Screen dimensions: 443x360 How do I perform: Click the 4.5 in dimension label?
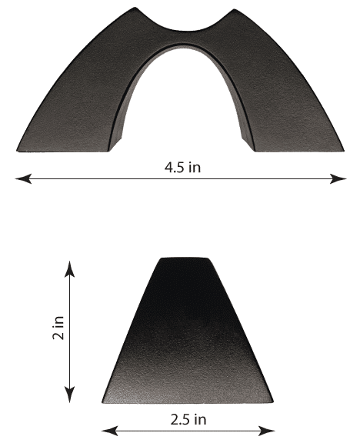(x=183, y=168)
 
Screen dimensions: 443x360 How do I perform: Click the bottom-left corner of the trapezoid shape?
(x=102, y=401)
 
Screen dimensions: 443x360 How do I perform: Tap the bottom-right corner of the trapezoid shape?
(x=273, y=401)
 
